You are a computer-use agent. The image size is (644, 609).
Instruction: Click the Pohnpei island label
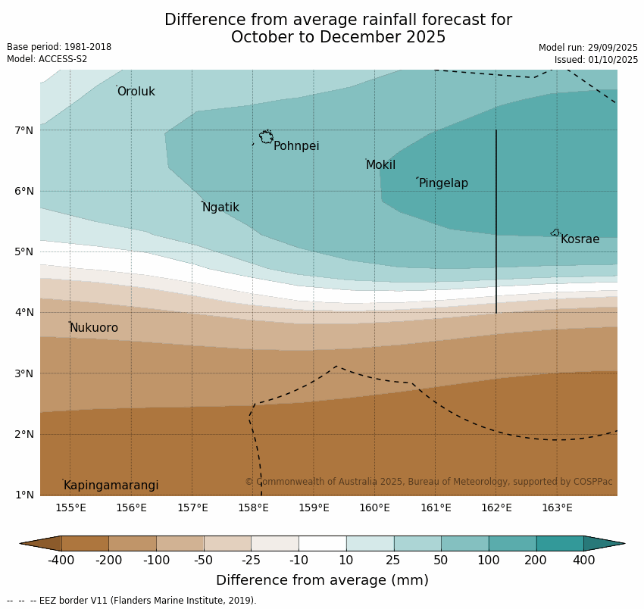[296, 146]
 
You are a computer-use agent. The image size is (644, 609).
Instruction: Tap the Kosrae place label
[580, 239]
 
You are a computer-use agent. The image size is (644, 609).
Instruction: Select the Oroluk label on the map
[136, 92]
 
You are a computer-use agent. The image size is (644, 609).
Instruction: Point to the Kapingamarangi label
[111, 486]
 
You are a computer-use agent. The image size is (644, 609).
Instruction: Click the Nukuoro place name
[94, 328]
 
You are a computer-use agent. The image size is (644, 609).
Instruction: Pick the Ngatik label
[220, 208]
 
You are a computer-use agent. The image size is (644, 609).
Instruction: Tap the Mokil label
[380, 165]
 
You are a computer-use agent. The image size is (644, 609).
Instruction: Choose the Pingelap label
[443, 183]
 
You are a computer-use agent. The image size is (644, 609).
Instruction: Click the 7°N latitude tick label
[24, 130]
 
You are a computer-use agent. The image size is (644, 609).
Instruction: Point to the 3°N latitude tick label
[24, 373]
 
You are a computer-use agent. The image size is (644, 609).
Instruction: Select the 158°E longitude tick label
[253, 507]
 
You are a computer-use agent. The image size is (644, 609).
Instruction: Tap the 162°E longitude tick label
[496, 507]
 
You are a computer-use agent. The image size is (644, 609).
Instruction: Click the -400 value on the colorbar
[61, 561]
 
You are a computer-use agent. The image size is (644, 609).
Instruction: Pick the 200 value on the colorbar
[536, 561]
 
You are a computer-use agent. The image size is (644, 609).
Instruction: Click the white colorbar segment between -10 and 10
[322, 543]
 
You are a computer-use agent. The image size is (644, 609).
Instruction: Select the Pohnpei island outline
[266, 137]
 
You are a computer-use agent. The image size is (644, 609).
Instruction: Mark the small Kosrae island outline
[555, 233]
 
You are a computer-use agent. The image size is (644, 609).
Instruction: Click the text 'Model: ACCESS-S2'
[47, 59]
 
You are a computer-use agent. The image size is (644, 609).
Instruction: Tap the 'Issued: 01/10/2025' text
[596, 60]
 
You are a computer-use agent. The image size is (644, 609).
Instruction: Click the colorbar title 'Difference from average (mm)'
[322, 581]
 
